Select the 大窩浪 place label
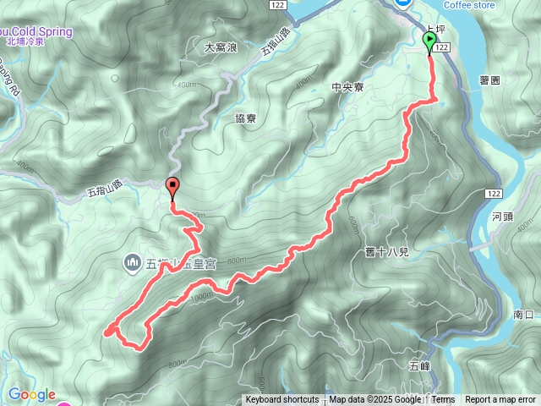point(221,48)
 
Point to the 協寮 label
point(246,118)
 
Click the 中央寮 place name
point(347,86)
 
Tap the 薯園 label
point(490,80)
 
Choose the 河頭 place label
point(501,217)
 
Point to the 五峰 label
point(419,366)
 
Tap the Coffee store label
point(470,5)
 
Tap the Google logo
point(31,394)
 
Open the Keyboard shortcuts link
point(282,400)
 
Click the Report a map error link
point(500,400)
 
